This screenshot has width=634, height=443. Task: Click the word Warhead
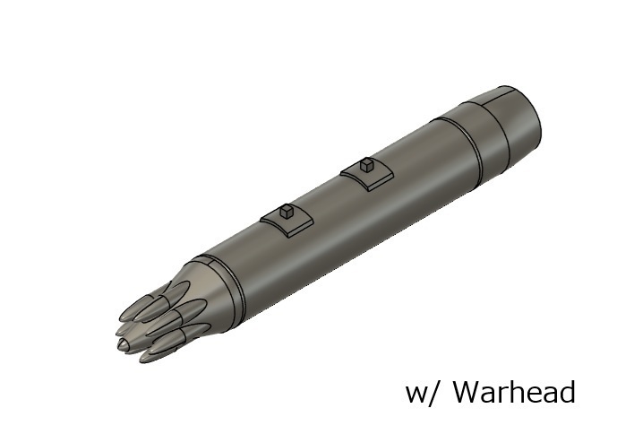point(513,392)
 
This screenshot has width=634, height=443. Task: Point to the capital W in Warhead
point(467,392)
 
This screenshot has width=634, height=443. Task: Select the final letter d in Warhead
point(564,392)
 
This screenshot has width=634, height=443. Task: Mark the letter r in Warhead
point(504,395)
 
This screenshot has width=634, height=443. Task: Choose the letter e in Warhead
point(531,395)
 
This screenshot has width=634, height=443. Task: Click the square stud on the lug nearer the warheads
point(284,213)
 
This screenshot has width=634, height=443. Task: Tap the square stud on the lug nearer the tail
point(365,164)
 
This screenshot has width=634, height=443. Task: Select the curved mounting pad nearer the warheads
point(285,222)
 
